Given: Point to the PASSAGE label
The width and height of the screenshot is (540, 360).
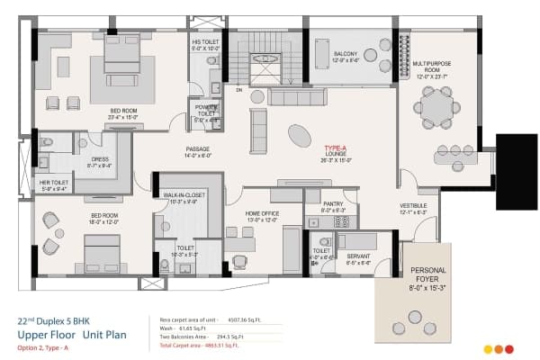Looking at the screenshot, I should click(198, 151).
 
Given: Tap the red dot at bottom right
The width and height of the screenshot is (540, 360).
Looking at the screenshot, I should click(508, 349).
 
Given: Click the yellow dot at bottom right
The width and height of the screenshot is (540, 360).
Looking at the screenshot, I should click(488, 349).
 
